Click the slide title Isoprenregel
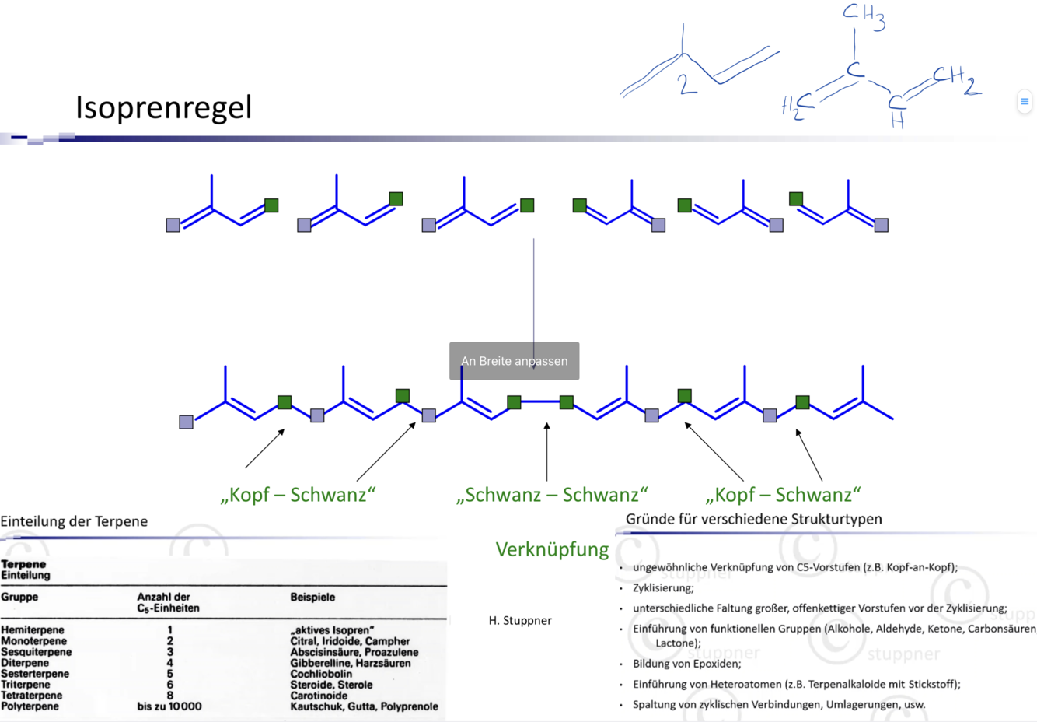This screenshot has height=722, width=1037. pos(163,107)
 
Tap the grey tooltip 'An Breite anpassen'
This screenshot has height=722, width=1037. pos(514,361)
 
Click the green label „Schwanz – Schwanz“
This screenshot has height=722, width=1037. pos(552,495)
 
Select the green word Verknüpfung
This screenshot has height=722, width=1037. pos(552,549)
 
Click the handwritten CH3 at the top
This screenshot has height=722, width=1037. pos(863,16)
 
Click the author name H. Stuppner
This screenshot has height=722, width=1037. pos(520,620)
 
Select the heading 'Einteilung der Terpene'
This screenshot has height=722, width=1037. pos(74,521)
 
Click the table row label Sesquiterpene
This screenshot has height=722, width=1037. pos(36,652)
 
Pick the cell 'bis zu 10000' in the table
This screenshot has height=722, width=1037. pos(169,706)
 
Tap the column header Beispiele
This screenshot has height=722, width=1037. pos(312,597)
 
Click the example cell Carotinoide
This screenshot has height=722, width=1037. pos(319,696)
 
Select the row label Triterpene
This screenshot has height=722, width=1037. pos(26,685)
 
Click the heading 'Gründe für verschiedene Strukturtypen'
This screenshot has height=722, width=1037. pos(753,519)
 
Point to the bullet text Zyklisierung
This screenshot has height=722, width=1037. pos(662,587)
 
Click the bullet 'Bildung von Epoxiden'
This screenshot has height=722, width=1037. pos(686,664)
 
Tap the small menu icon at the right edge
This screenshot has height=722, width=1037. pos(1025,101)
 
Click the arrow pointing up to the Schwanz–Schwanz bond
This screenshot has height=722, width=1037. pos(546,451)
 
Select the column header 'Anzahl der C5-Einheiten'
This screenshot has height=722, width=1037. pos(168,602)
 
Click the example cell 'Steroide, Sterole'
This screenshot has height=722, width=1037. pos(331,685)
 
